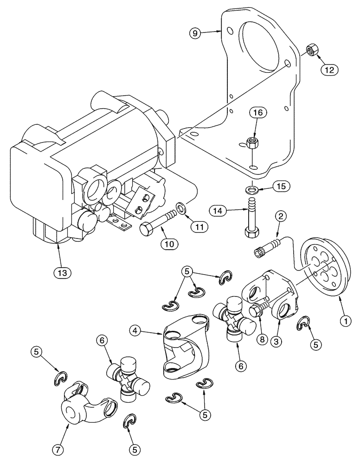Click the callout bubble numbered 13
[x=62, y=272]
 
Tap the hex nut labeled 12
[x=311, y=50]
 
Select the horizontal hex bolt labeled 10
[x=158, y=222]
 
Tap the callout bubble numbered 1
[x=345, y=319]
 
